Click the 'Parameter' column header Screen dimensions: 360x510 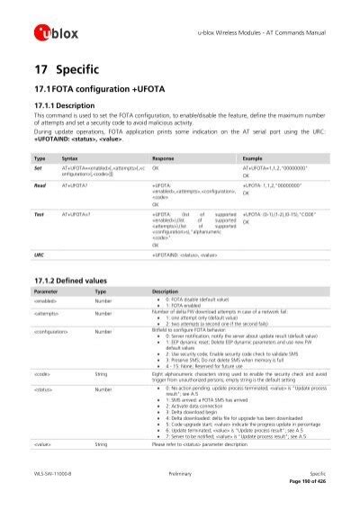[x=46, y=292]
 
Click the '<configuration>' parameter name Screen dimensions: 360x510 [x=53, y=331]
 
